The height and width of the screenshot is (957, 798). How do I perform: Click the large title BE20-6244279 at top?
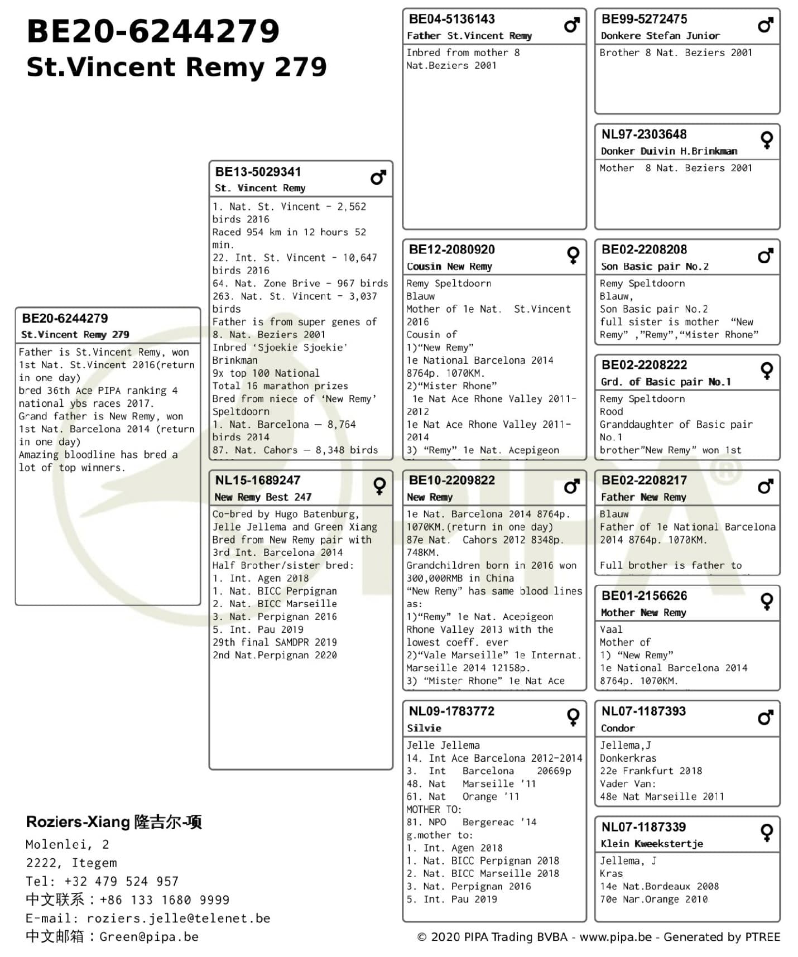[152, 31]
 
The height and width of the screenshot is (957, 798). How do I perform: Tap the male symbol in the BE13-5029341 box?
[378, 178]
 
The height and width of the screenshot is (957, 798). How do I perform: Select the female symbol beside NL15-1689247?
[379, 486]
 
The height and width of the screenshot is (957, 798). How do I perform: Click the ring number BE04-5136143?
[451, 20]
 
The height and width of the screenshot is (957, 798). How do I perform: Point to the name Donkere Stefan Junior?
[660, 36]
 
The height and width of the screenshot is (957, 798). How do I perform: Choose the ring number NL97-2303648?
[643, 134]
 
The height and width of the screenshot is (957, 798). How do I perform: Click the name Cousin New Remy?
[449, 267]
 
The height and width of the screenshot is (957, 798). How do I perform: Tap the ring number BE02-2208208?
[644, 250]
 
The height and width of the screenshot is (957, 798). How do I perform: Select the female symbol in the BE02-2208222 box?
[767, 371]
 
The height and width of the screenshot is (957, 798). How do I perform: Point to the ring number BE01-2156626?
[644, 596]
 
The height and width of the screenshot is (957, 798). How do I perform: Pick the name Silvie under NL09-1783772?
[424, 728]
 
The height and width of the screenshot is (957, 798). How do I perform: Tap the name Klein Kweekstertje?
[651, 844]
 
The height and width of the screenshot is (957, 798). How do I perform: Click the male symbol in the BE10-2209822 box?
[572, 487]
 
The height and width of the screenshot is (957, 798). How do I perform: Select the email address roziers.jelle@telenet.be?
[179, 918]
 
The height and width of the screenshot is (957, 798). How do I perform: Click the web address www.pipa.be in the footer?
[615, 937]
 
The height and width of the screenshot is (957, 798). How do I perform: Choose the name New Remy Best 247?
[263, 497]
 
